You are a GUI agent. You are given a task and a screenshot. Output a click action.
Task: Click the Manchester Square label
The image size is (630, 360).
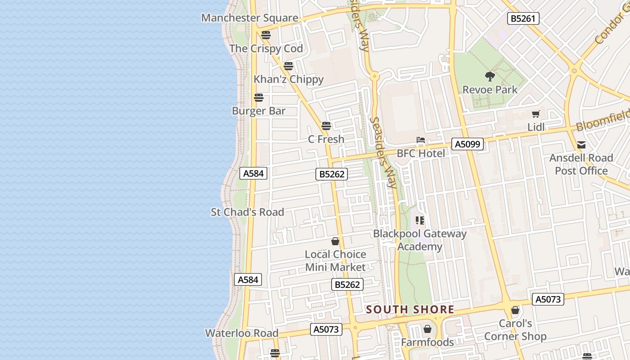tap(249, 18)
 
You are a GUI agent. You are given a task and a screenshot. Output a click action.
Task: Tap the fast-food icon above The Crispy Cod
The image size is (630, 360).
tap(266, 35)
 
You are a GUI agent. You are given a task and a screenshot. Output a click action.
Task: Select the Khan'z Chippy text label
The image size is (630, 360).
tap(288, 79)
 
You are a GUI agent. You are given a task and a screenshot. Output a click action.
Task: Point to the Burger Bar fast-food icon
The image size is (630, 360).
tap(259, 98)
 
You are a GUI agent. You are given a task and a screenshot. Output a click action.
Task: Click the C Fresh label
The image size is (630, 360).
tap(326, 139)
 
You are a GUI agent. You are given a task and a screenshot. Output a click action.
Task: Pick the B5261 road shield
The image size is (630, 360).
tap(523, 18)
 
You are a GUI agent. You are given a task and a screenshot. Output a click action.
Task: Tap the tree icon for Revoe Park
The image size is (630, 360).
tap(490, 76)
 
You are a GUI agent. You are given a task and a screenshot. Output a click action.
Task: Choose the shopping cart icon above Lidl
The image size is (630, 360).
tap(535, 114)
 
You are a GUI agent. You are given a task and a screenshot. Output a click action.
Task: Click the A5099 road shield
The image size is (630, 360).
tap(468, 144)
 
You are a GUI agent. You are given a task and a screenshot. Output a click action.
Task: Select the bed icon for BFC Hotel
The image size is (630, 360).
tap(421, 140)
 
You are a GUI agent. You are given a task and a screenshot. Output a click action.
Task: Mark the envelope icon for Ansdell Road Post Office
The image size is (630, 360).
tap(581, 145)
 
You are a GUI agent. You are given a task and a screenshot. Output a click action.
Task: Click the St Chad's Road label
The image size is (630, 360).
tap(247, 212)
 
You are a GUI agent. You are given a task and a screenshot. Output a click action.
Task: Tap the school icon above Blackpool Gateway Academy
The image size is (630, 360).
tap(420, 220)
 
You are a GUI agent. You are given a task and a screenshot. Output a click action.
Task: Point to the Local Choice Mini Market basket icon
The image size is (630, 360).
tap(335, 241)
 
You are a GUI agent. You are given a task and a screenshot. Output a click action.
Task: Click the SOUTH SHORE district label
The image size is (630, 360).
tap(410, 310)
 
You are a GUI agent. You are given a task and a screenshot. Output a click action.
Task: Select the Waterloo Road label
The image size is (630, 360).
tap(242, 333)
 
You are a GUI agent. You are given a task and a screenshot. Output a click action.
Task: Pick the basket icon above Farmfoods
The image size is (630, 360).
tap(427, 329)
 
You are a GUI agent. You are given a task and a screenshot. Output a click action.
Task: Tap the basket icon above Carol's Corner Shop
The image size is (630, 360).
tap(515, 310)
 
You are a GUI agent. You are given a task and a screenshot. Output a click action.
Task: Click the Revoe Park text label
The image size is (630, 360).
tap(490, 90)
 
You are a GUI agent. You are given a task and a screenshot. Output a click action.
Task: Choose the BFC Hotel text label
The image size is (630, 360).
tap(421, 153)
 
